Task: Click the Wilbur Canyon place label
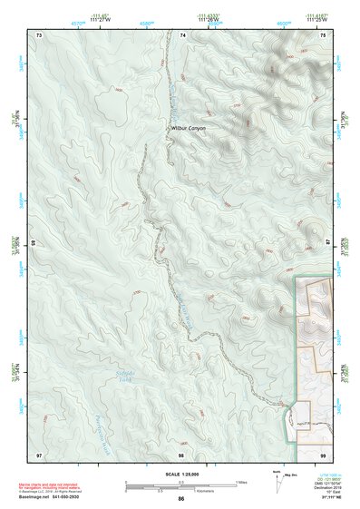coord(189,129)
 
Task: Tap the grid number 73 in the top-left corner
coord(39,34)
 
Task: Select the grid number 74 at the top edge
coord(182,34)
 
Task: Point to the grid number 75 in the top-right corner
coord(324,34)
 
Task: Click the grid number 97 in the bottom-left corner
coord(39,454)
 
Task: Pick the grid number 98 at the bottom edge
coord(181,454)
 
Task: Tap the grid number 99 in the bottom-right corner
coord(324,454)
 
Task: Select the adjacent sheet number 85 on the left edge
coord(34,243)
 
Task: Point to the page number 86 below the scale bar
coord(181,499)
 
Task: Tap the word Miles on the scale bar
coord(241,481)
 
